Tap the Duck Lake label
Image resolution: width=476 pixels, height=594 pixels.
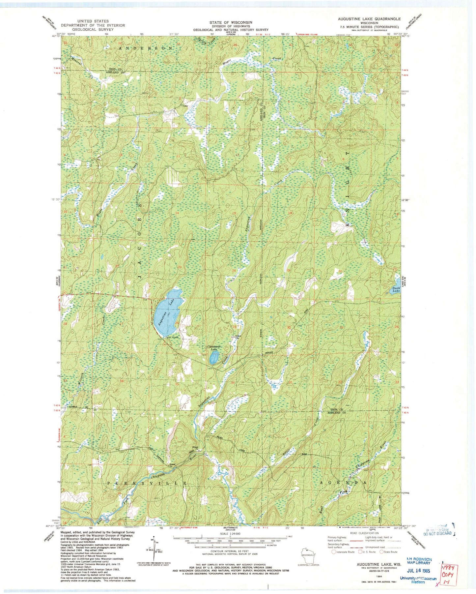tap(396, 290)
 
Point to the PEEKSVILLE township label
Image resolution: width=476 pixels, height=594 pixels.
tap(148, 483)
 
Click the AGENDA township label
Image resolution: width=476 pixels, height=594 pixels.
tap(343, 483)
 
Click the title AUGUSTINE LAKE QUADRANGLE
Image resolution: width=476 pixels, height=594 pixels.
tap(367, 19)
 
